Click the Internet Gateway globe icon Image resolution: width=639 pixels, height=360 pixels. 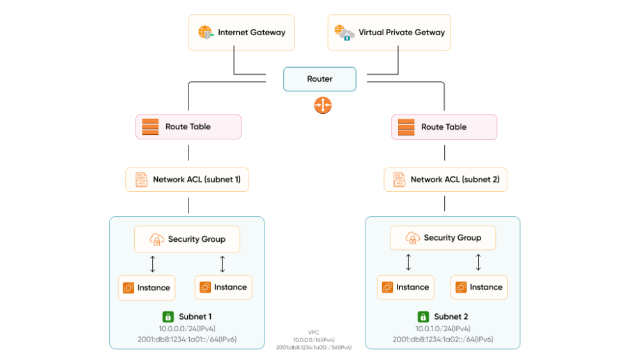[205, 32]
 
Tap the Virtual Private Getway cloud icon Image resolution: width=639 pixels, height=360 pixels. [346, 33]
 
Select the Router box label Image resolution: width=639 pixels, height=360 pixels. [319, 79]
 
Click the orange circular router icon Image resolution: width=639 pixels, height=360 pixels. [323, 106]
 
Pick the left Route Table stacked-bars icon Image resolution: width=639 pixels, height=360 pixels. [150, 127]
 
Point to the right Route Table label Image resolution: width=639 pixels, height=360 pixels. [443, 127]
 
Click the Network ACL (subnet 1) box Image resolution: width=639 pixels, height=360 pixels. [187, 180]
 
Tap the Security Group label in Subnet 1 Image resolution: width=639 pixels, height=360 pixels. [196, 239]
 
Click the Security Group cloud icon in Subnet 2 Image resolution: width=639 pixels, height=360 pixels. [412, 238]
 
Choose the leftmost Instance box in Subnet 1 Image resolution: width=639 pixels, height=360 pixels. [146, 288]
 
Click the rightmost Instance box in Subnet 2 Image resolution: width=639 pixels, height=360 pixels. [479, 287]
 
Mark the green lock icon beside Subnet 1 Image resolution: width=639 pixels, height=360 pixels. [168, 317]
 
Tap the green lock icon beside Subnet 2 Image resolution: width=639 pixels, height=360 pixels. [423, 317]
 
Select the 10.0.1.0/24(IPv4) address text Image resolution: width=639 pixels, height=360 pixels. [442, 328]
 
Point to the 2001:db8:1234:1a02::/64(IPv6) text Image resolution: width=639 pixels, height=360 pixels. [442, 340]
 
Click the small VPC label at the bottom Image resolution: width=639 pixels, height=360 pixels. [314, 333]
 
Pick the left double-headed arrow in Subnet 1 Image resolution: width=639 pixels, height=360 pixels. [152, 263]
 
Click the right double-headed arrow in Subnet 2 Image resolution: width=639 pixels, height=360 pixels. [478, 262]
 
